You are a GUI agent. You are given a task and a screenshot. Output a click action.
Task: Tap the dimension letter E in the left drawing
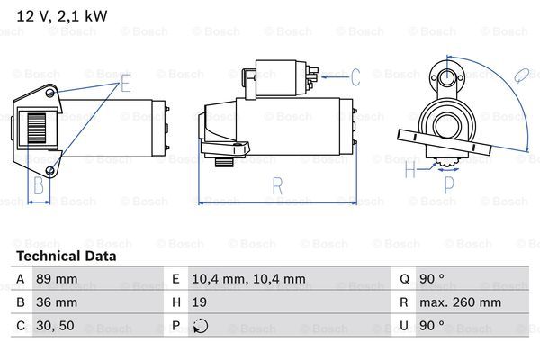coord(125,85)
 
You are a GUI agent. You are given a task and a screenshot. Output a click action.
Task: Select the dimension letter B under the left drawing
coord(39,186)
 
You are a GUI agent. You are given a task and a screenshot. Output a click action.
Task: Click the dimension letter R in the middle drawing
coord(276,186)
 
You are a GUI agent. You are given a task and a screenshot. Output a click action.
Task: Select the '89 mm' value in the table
coord(57,279)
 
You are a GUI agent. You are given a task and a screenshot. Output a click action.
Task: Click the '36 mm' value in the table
coord(57,302)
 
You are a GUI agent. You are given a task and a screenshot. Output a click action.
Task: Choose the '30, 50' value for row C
coord(53,326)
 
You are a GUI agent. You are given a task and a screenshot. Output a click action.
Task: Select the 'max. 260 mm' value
coord(463,302)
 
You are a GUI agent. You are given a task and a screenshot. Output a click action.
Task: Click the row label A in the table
coord(21,279)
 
